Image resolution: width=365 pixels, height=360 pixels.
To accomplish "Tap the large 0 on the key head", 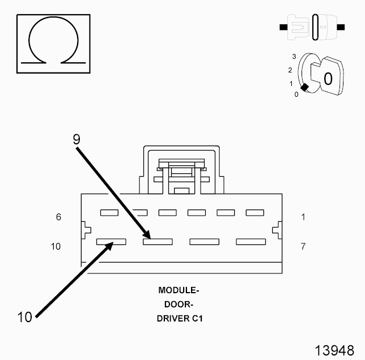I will coord(328,78).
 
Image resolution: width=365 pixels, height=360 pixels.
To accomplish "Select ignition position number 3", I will coord(294,57).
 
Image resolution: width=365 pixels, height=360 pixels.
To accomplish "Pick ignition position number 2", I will coord(290,70).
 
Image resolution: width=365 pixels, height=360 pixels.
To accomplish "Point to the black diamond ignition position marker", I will coord(305,87).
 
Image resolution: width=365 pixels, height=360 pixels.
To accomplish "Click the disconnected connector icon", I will coord(312,27).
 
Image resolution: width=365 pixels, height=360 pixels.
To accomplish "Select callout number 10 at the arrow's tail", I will coord(24,317).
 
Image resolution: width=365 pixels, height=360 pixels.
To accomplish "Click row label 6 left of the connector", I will coord(59,217).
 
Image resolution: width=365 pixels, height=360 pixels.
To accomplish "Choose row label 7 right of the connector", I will coord(303,246).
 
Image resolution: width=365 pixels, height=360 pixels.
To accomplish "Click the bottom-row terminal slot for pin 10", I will coord(111,242).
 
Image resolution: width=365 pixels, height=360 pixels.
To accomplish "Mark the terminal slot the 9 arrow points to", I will coord(158,242).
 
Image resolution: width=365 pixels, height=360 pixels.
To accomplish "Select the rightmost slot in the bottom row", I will coord(251,242).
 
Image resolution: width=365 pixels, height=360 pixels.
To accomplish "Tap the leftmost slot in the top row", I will coord(109,213).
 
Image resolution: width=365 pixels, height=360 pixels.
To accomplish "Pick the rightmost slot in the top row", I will coord(254,213).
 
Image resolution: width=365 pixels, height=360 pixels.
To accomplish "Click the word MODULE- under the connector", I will coord(179,290).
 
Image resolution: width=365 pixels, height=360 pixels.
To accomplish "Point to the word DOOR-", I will coord(179,304).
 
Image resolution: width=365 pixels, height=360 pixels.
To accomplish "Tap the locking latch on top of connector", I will coord(181,170).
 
